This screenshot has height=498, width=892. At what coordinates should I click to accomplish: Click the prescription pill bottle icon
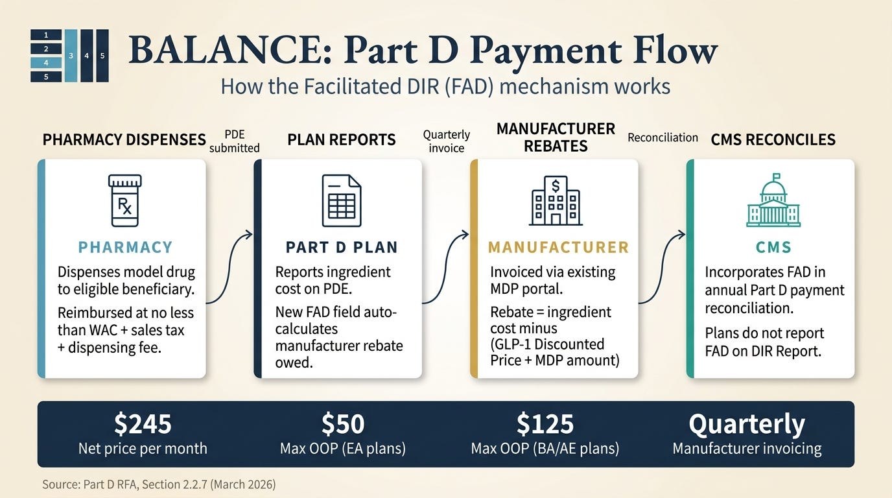tap(125, 200)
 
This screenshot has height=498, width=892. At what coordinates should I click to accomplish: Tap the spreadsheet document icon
tap(342, 200)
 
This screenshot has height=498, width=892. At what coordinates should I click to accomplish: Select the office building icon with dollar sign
tap(556, 200)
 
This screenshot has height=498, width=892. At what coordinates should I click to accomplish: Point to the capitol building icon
tap(773, 200)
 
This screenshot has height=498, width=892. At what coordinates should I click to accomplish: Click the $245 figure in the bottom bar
tap(143, 424)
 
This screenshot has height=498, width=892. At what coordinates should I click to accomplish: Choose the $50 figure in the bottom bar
tap(343, 424)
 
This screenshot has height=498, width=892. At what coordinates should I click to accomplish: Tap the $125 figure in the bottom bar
tap(545, 424)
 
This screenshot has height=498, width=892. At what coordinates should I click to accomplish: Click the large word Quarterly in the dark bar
tap(747, 425)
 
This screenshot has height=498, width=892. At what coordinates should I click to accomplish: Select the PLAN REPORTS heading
tap(342, 140)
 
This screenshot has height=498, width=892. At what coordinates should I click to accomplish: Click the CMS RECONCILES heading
tap(773, 140)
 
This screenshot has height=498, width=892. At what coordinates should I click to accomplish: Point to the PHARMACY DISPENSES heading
tap(124, 140)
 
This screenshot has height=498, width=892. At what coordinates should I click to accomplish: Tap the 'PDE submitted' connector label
tap(235, 141)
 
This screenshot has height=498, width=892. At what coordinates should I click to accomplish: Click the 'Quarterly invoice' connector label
tap(447, 141)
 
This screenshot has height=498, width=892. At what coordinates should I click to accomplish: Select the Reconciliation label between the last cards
tap(663, 138)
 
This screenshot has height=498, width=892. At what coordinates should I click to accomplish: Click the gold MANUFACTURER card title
tap(558, 248)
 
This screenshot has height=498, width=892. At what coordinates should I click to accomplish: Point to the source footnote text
tap(159, 484)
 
